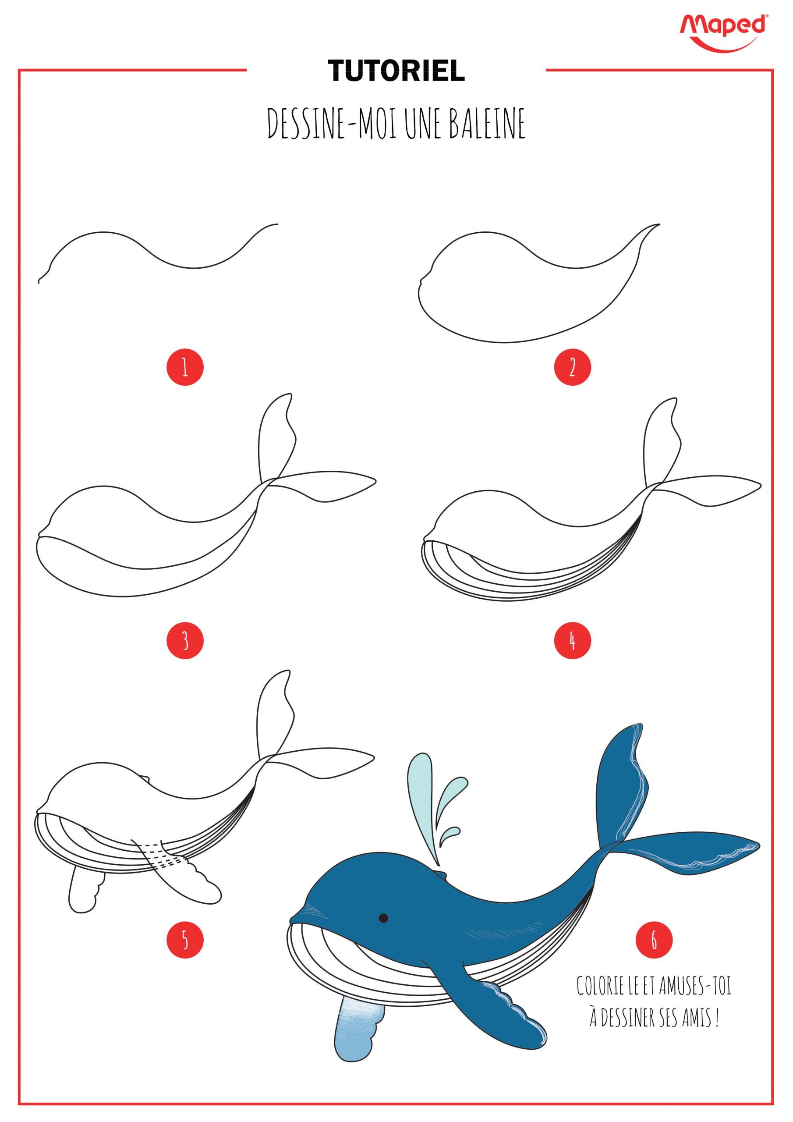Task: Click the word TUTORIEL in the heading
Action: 396,71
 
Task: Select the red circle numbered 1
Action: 185,367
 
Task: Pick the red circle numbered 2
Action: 572,367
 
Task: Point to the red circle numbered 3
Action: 185,640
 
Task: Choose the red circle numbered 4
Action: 572,640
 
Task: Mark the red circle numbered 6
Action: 654,939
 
